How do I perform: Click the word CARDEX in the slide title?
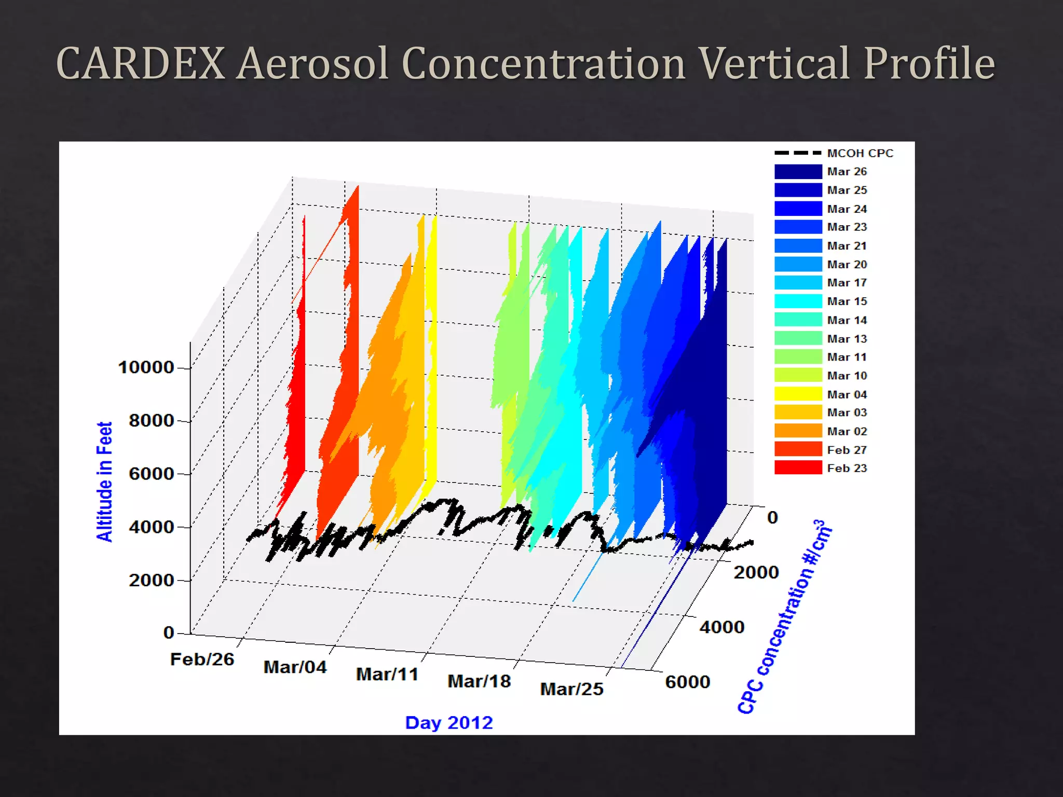point(140,63)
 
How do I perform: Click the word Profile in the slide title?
point(929,63)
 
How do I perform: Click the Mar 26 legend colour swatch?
point(798,172)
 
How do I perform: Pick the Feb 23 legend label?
point(847,468)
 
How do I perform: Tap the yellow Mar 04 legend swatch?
point(798,394)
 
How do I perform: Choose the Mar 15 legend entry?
point(847,301)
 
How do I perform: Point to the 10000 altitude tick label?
point(146,367)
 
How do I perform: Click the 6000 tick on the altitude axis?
point(151,474)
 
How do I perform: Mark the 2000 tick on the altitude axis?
point(151,580)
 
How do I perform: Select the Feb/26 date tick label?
point(202,659)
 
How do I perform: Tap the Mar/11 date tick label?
point(387,675)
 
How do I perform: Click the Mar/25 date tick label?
point(571,689)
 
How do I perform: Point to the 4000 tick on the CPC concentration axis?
point(721,627)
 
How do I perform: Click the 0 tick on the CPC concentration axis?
point(772,518)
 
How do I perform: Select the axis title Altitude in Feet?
point(104,482)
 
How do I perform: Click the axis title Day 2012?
point(448,723)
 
